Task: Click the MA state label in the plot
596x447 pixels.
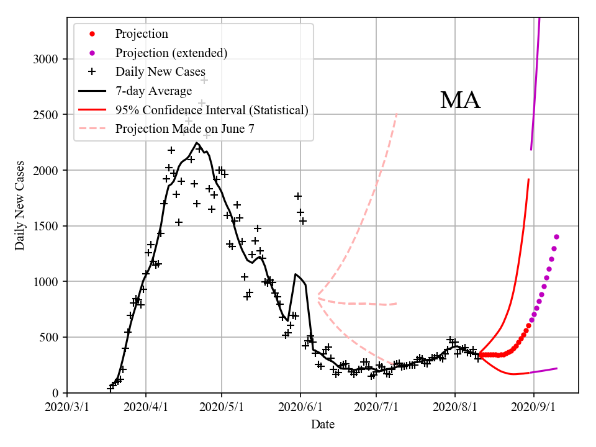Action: [460, 101]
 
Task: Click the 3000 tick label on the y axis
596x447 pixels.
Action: [47, 60]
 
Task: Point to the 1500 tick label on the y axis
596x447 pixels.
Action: [47, 227]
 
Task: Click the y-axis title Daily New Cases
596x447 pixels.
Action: [20, 205]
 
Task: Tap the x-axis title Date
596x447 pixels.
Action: [323, 425]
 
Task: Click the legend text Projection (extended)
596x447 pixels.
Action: [171, 53]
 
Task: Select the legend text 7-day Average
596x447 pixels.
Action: [153, 91]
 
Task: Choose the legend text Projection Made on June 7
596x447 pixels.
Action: [185, 129]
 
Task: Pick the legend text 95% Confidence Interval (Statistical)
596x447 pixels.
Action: [212, 110]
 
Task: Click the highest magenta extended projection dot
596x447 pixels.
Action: [556, 237]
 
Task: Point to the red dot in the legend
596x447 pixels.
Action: [92, 34]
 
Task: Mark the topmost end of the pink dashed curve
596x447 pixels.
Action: [397, 114]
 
